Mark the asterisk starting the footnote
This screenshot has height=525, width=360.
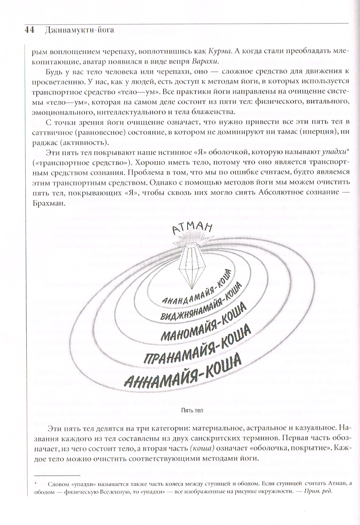[x=35, y=483]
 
